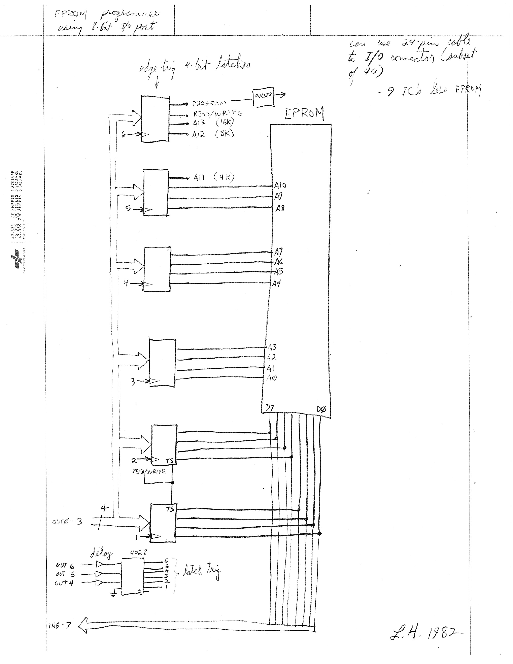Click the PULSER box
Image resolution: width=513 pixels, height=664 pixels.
click(263, 98)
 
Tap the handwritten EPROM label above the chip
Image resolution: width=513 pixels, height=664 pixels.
click(304, 115)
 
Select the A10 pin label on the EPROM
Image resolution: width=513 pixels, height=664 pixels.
click(280, 185)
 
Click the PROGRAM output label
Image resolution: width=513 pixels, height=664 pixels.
click(209, 104)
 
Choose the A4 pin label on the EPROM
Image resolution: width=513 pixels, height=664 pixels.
click(276, 284)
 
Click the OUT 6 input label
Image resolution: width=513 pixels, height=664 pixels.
click(65, 565)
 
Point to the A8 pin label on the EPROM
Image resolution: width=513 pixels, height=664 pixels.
click(280, 209)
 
